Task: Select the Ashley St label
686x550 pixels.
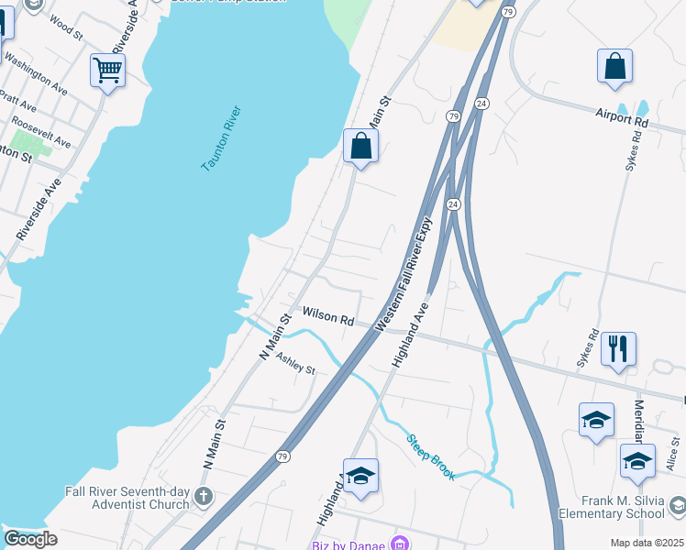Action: (x=295, y=364)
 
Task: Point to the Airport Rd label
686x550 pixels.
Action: (x=621, y=118)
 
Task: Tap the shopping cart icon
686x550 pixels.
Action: (x=108, y=69)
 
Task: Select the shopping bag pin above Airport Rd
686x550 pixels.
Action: (x=614, y=65)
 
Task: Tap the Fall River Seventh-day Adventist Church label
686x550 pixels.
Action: (x=127, y=498)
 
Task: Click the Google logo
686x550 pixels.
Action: (x=29, y=539)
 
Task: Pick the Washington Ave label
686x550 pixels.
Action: (x=37, y=73)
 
